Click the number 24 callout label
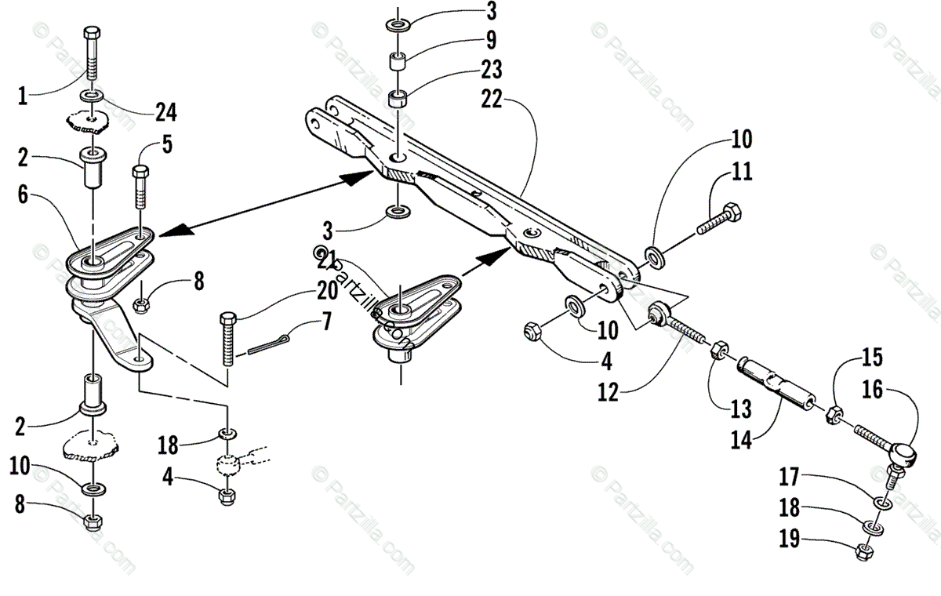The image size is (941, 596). [165, 112]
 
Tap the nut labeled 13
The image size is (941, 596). [718, 349]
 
